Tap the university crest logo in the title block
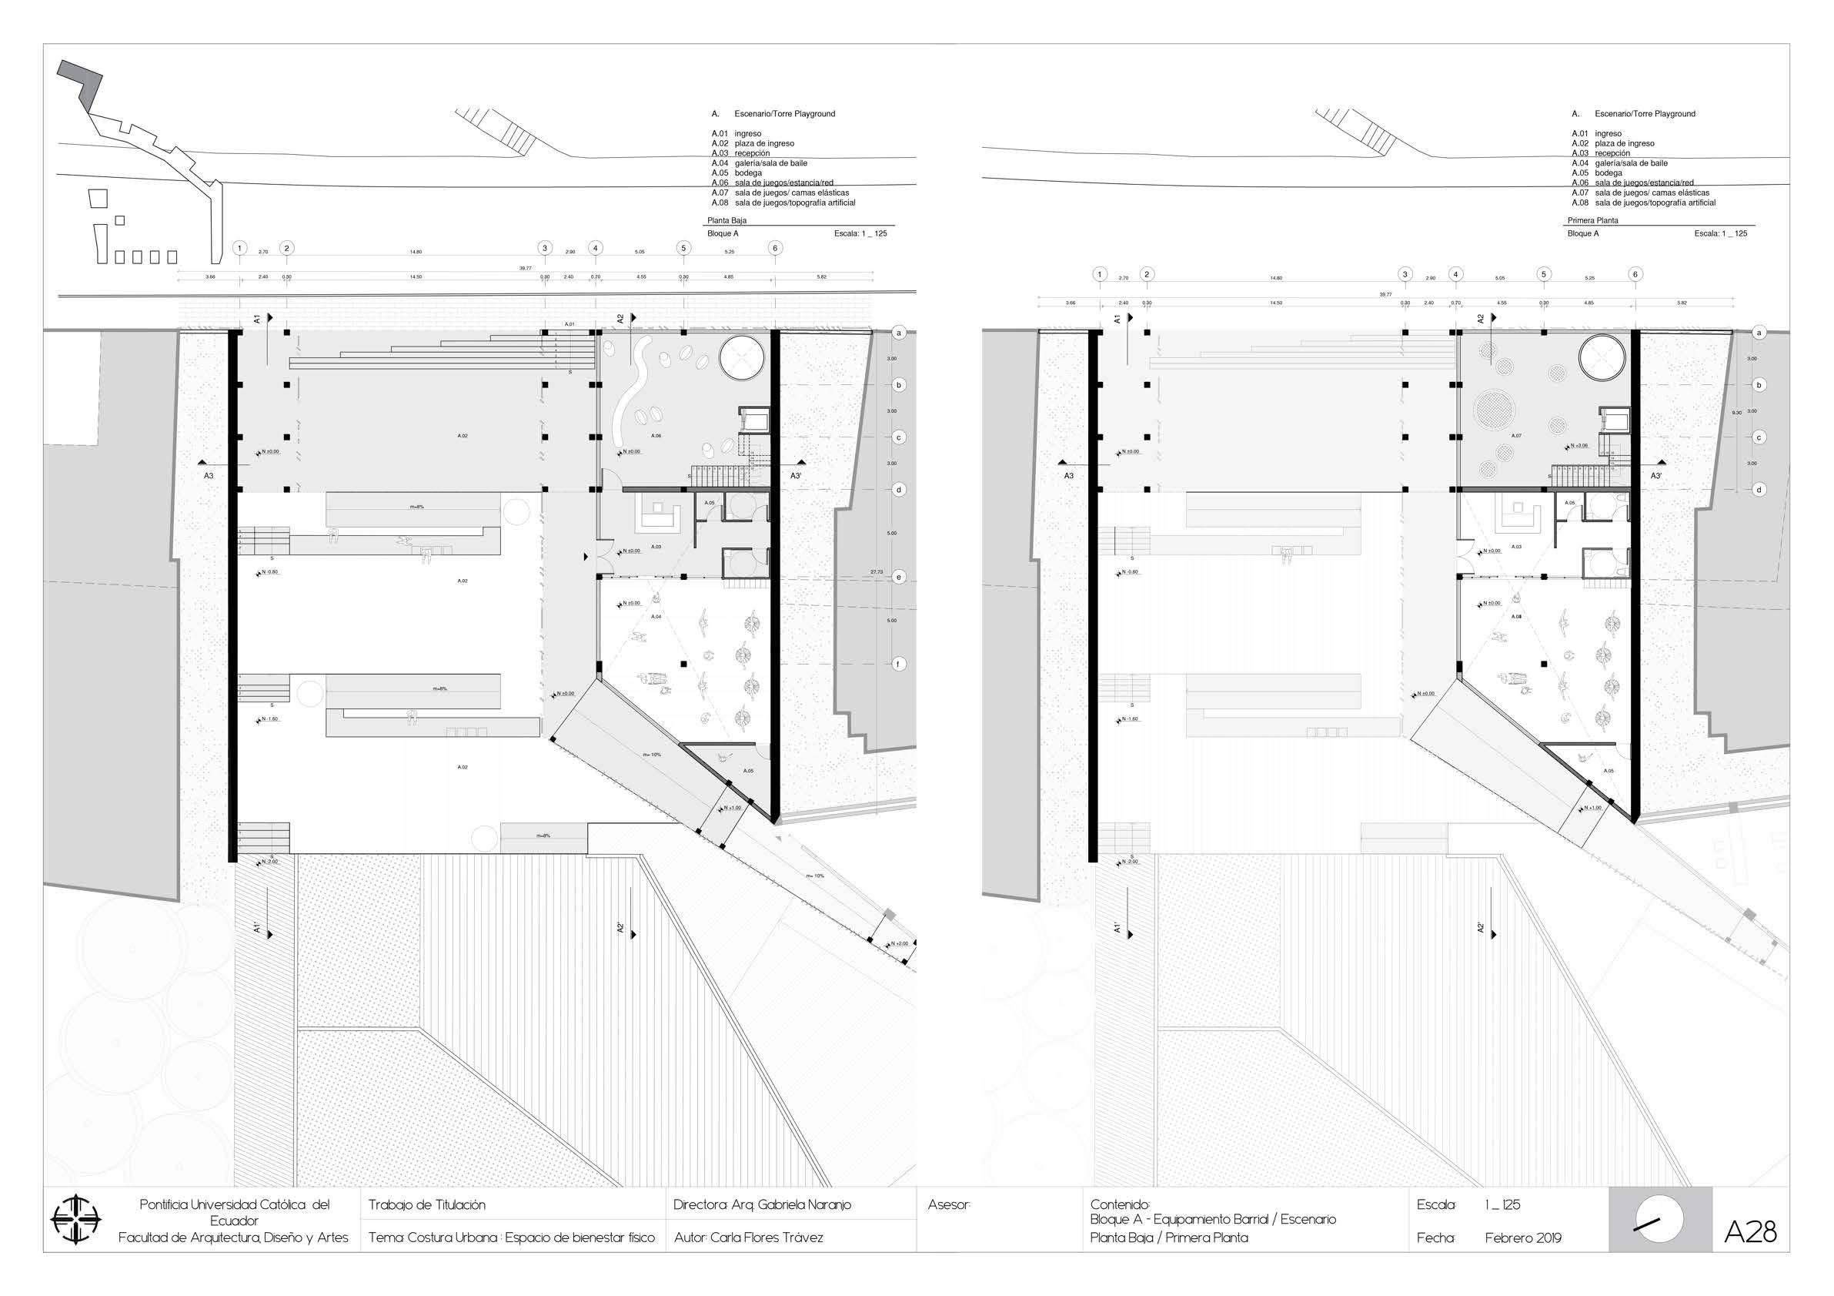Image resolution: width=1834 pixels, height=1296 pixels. [76, 1220]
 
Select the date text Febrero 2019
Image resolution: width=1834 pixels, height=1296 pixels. [1522, 1237]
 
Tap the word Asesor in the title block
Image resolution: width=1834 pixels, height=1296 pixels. [949, 1204]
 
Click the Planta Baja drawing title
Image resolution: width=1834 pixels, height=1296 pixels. [726, 220]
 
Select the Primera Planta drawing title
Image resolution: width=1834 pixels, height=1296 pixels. [1592, 220]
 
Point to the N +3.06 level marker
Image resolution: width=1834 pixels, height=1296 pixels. [1578, 446]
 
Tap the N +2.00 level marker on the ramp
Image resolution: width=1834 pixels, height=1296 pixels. [900, 943]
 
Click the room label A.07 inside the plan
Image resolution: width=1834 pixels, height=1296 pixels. [1516, 437]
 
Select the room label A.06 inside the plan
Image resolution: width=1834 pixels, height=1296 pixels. [656, 437]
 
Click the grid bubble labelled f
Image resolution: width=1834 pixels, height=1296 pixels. [899, 664]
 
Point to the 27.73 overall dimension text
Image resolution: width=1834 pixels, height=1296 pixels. [877, 571]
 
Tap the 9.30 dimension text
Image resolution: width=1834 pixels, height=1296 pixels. [1736, 412]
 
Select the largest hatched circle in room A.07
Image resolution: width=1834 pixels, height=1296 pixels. [1490, 409]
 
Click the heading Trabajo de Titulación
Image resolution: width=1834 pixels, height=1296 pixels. [426, 1204]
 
